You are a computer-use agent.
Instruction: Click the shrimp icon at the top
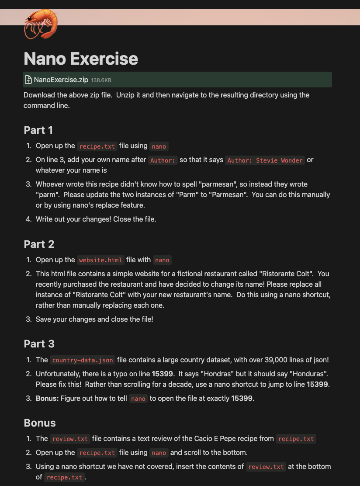coord(41,24)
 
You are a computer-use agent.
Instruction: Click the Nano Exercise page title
coord(81,59)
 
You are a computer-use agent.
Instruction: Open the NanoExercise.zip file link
coord(61,80)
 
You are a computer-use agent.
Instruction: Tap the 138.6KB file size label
coord(101,80)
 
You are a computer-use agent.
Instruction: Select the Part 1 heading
coord(38,130)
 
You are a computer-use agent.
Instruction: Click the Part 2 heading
coord(39,244)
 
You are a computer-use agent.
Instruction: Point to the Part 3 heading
coord(39,344)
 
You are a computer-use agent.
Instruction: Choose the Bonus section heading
coord(40,423)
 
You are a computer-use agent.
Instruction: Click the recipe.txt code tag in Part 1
coord(97,146)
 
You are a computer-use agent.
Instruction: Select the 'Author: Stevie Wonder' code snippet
coord(265,160)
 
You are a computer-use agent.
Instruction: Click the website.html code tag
coord(100,260)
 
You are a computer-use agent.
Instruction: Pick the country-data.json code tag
coord(83,360)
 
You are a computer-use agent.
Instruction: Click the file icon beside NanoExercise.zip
coord(28,80)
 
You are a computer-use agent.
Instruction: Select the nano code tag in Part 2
coord(162,260)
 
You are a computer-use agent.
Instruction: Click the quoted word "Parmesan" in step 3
coord(232,194)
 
